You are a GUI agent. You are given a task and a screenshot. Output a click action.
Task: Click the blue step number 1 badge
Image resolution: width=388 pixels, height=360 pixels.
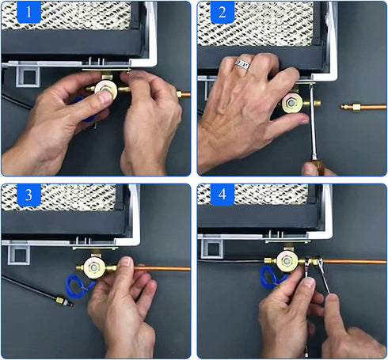[x=29, y=12]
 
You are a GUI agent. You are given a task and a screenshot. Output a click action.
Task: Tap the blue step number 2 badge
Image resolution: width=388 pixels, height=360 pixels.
[x=223, y=12]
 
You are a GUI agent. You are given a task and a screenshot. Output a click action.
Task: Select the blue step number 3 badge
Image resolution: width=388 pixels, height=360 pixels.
[x=29, y=195]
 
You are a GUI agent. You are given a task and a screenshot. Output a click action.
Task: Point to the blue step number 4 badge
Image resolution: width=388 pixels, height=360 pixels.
[x=223, y=195]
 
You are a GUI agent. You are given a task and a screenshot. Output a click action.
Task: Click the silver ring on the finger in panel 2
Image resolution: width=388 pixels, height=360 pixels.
[x=242, y=64]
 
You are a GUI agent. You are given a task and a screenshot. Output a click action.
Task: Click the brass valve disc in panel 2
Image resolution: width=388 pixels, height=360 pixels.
[x=291, y=103]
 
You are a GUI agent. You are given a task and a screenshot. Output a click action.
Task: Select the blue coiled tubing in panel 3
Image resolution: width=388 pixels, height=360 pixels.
[x=79, y=285]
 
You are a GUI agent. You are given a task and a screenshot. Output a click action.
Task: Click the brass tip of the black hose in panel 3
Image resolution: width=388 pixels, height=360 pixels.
[x=64, y=301]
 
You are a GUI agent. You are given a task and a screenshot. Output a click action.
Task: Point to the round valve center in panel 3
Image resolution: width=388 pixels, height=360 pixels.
[x=93, y=267]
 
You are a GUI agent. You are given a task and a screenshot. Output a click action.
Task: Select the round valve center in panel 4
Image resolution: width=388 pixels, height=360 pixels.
[x=287, y=261]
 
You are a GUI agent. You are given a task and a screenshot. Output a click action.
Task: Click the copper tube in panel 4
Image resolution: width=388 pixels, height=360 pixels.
[x=355, y=262]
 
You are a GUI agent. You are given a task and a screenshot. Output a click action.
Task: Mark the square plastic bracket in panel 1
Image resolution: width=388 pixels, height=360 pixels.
[x=28, y=77]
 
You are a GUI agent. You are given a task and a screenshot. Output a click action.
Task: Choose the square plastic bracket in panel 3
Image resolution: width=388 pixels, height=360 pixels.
[x=19, y=255]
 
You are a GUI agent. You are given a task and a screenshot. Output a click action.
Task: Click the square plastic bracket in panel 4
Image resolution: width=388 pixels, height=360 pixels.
[x=211, y=248]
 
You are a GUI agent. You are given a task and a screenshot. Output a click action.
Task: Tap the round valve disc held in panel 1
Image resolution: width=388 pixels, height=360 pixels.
[x=106, y=89]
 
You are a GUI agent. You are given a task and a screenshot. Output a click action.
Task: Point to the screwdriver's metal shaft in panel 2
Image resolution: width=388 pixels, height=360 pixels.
[x=313, y=121]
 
